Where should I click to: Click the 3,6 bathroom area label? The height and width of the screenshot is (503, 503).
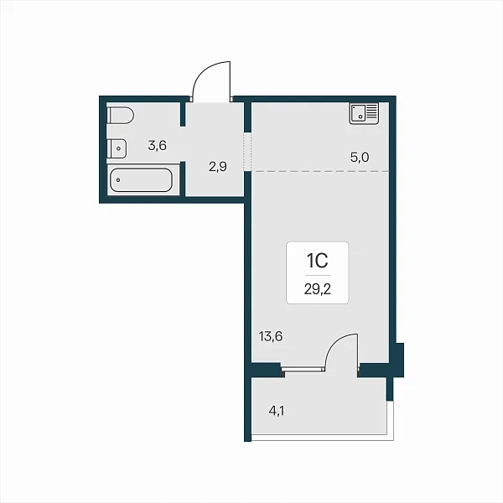(158, 146)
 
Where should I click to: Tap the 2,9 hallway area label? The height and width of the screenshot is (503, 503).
(218, 167)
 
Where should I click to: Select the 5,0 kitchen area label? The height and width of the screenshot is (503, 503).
(360, 158)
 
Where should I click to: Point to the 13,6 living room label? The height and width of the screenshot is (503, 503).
(271, 336)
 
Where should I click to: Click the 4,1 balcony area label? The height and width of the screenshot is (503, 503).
(277, 411)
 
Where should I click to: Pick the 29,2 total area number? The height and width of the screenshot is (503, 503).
(317, 289)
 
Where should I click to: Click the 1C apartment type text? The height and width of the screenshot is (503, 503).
(317, 260)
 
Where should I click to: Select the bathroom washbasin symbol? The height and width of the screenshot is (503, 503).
(117, 148)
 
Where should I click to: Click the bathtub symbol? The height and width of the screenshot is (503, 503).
(141, 180)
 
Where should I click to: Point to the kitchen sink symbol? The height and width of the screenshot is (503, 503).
(364, 113)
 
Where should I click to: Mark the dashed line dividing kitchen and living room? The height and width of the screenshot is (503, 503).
(321, 171)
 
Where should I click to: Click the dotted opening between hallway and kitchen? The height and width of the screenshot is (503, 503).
(247, 152)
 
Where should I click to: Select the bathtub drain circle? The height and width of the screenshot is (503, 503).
(118, 180)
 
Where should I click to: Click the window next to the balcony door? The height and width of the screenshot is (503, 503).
(303, 369)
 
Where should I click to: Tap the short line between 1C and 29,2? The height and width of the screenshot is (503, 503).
(317, 275)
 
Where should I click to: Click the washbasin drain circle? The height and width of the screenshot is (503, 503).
(119, 148)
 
